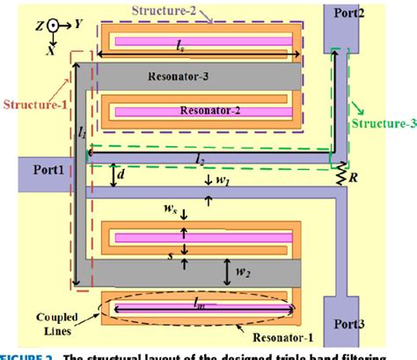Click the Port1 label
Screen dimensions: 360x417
[x=40, y=171]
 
